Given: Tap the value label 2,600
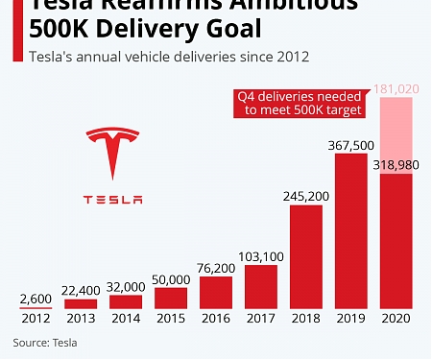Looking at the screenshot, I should (35, 299).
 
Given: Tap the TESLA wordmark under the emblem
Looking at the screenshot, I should (112, 200).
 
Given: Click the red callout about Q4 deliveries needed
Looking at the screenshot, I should (300, 103).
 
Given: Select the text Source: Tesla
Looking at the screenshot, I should (45, 342).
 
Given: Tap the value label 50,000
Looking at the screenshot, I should (170, 278).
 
